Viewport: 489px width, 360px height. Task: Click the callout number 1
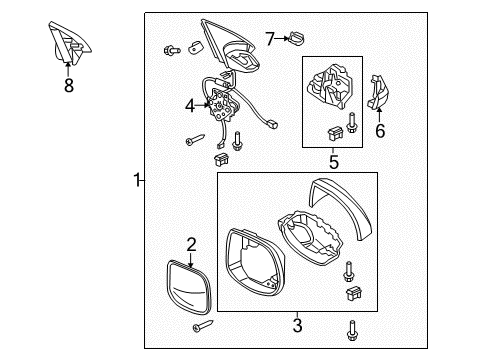[x=137, y=181]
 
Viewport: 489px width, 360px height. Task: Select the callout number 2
[x=191, y=243]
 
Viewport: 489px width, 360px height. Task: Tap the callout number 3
[x=296, y=325]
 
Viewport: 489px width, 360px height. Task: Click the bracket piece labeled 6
[x=379, y=97]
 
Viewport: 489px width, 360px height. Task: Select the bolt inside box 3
[x=349, y=270]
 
